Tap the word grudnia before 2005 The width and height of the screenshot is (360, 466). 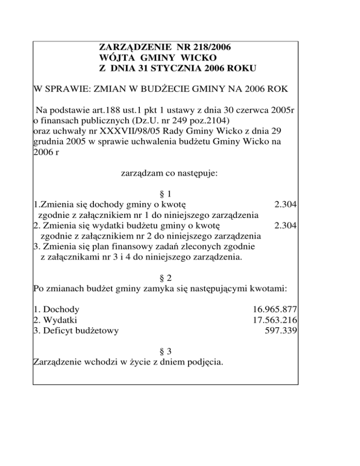click(49, 142)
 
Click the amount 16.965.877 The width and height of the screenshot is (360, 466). click(276, 309)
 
